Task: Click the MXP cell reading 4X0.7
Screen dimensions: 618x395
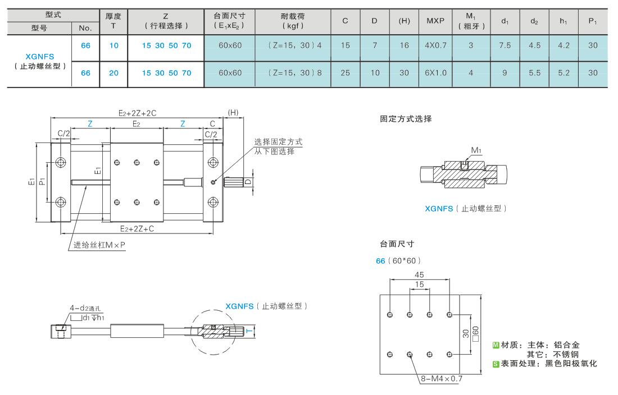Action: pos(435,45)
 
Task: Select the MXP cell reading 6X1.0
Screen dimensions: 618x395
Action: pos(435,73)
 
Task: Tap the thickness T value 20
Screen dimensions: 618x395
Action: pos(113,73)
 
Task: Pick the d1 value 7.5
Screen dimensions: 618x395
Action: pos(505,45)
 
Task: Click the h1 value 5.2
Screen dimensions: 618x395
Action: pos(564,73)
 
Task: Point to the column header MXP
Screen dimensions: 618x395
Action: pos(435,20)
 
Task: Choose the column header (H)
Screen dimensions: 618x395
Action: pos(404,20)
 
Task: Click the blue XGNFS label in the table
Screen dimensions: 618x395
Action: pos(40,56)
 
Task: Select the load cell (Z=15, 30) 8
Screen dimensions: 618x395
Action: pos(295,73)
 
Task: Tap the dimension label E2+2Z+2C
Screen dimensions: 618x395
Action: pos(137,113)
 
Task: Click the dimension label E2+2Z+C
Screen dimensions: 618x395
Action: pos(137,228)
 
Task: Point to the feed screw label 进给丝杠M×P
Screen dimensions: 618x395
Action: pos(99,245)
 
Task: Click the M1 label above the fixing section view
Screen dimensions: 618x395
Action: pos(476,150)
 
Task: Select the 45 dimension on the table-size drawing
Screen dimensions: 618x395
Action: pos(419,274)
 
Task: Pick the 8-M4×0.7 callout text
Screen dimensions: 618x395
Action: pos(442,379)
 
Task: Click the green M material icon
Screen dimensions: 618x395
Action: pos(496,345)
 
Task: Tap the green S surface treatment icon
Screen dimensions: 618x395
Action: pos(496,364)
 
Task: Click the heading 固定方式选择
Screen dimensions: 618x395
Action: pos(406,119)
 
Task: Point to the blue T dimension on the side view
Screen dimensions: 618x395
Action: pos(249,331)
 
